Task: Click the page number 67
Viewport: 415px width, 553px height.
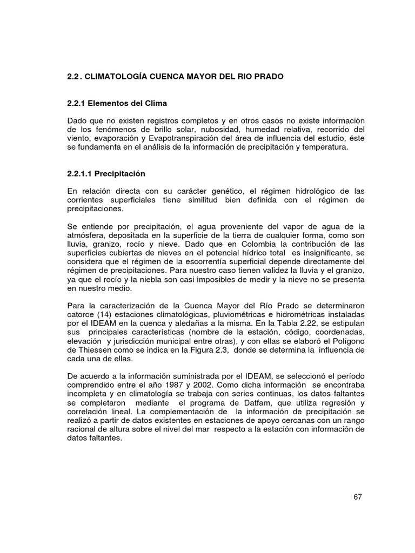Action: (357, 497)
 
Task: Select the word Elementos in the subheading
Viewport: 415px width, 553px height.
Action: (110, 103)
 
